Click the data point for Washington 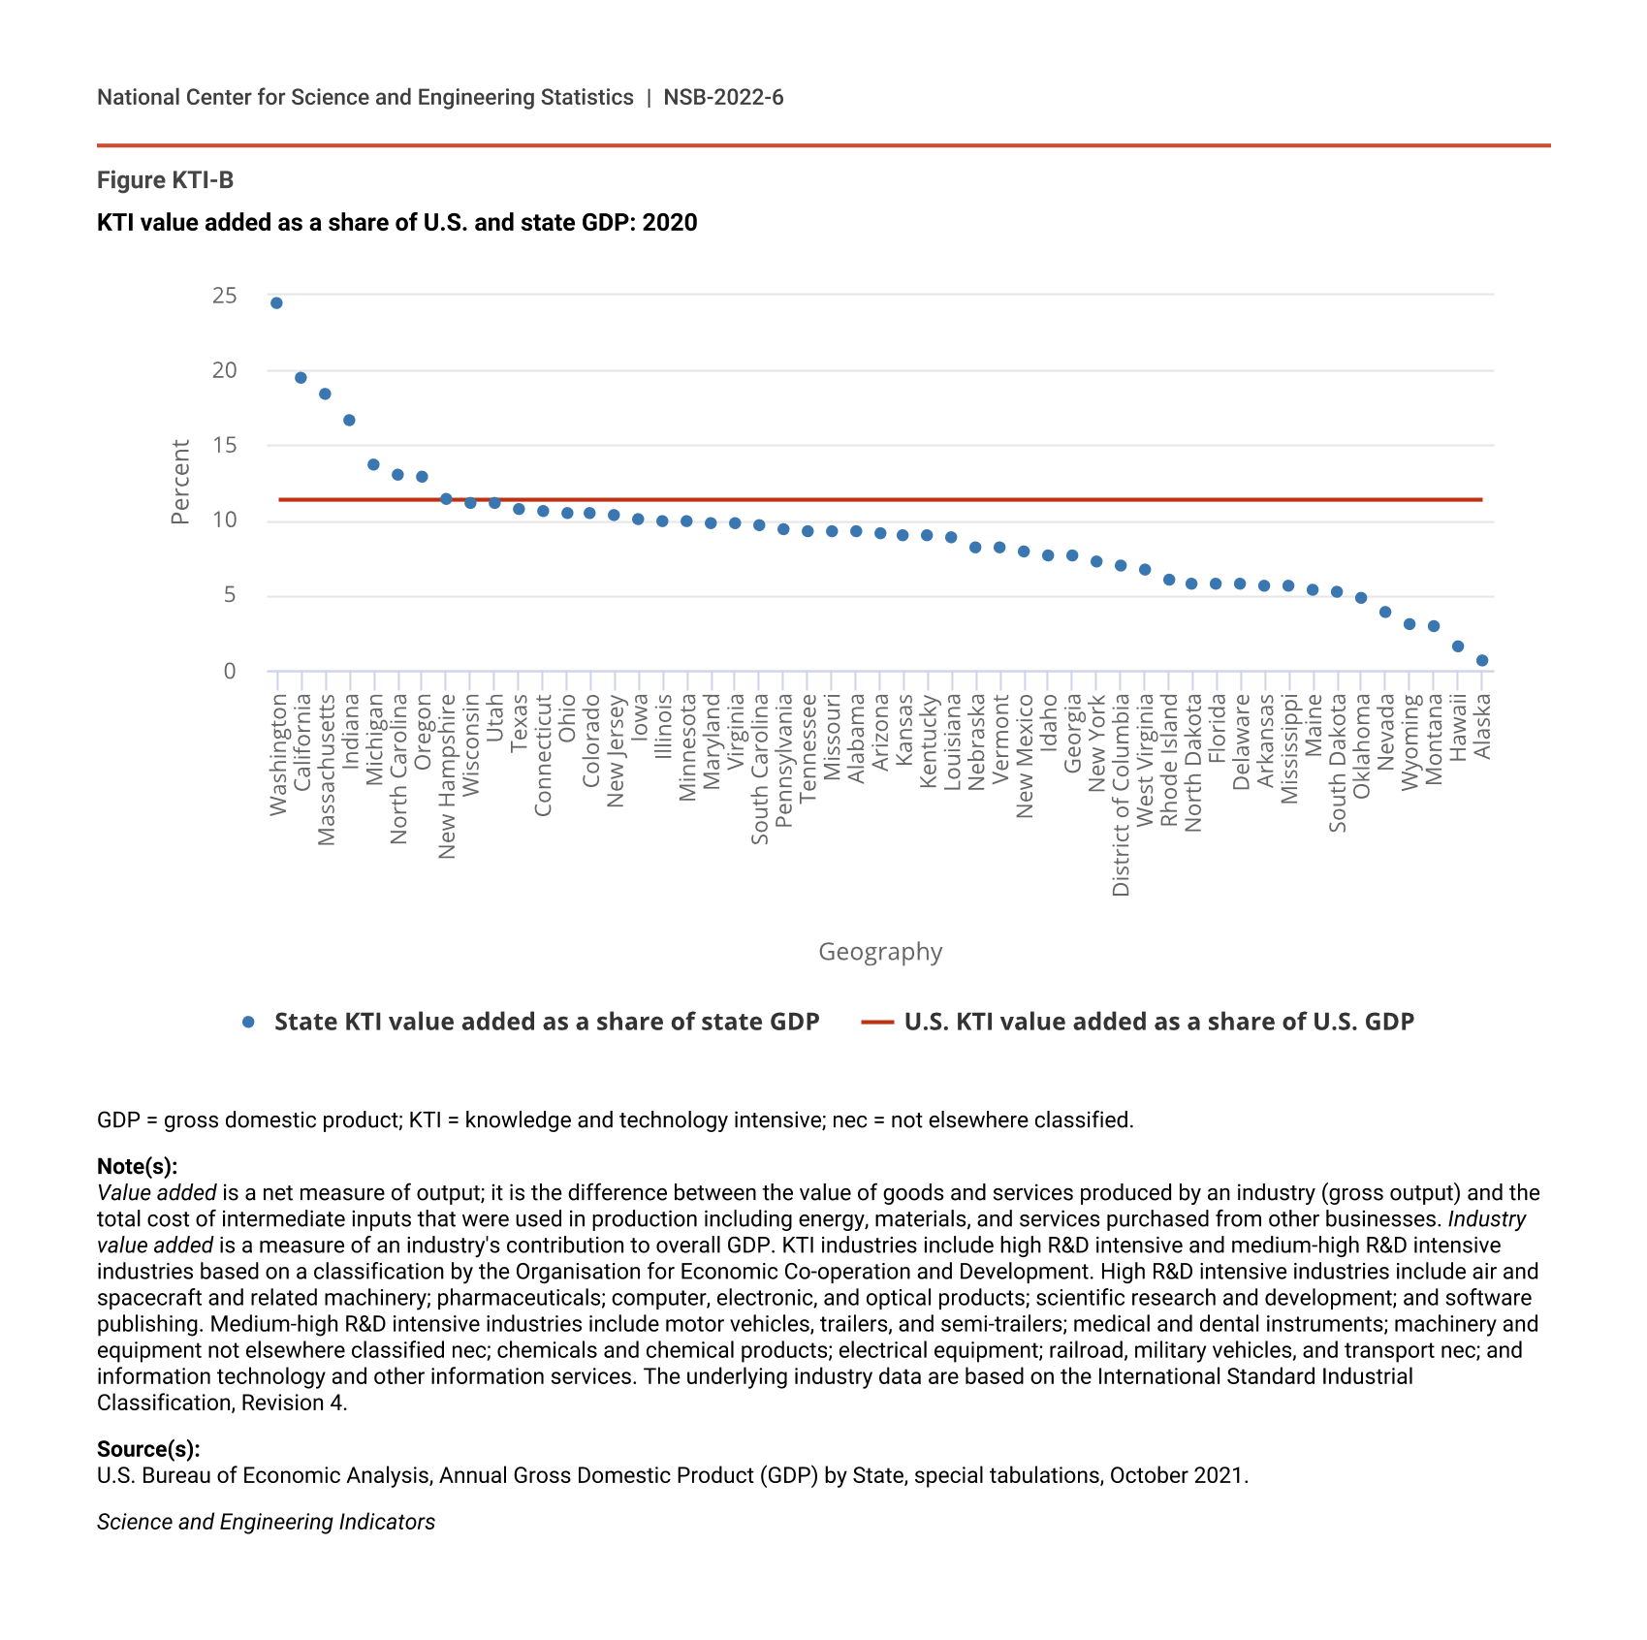click(x=276, y=303)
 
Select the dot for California click(x=301, y=378)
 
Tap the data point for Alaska click(x=1482, y=661)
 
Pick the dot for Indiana click(x=349, y=421)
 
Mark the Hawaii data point click(x=1458, y=647)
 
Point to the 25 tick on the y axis click(x=225, y=296)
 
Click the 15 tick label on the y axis click(x=225, y=446)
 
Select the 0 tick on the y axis click(x=230, y=672)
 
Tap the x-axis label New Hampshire click(x=447, y=776)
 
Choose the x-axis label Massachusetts click(x=327, y=770)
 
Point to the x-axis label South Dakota click(x=1338, y=763)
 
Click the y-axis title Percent click(x=181, y=482)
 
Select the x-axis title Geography click(x=880, y=952)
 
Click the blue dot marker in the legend click(x=249, y=1022)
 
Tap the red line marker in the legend click(x=877, y=1022)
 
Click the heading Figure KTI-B click(x=165, y=180)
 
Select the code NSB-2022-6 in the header click(x=723, y=98)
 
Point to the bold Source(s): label click(x=148, y=1449)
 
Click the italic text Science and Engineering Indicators click(x=266, y=1522)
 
